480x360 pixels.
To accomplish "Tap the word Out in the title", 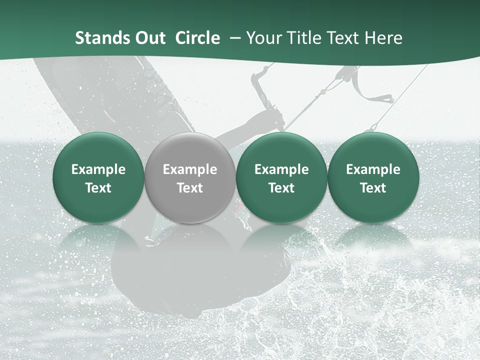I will coord(148,38).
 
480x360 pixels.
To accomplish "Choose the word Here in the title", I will coord(384,38).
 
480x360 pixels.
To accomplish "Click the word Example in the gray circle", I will coord(190,169).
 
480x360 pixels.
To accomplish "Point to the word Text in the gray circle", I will coord(190,188).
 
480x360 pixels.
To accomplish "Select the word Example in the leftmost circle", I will coord(98,169).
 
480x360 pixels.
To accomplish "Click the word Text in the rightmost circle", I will coord(373,188).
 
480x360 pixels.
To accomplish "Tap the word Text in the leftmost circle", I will coord(98,188).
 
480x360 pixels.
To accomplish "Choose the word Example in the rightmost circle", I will coord(373,169).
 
